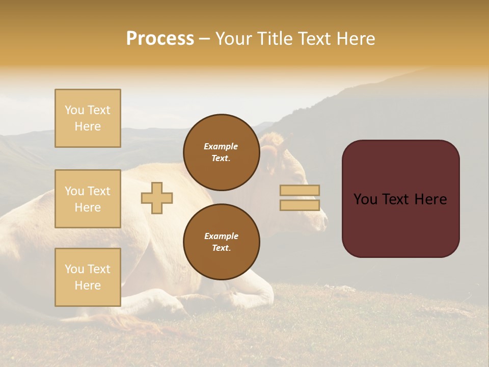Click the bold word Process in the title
click(160, 39)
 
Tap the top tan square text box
click(88, 118)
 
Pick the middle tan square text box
click(88, 199)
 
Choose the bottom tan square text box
click(88, 277)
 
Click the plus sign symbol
click(157, 198)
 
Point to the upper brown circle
click(221, 152)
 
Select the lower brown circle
click(221, 242)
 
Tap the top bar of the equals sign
click(300, 190)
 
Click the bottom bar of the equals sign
click(300, 205)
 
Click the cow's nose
click(324, 220)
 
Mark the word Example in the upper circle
click(221, 146)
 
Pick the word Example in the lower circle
click(221, 236)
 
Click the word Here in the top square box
click(88, 126)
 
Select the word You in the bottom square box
click(74, 269)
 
